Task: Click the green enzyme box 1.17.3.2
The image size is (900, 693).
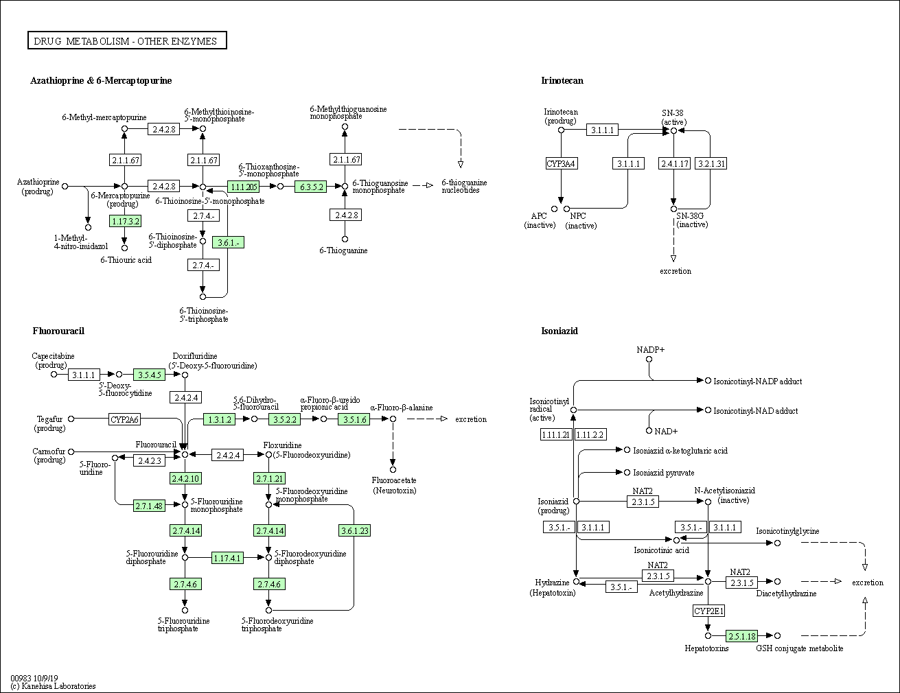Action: [125, 221]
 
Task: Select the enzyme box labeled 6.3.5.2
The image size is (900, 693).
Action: [311, 187]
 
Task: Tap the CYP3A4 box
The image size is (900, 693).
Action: [561, 163]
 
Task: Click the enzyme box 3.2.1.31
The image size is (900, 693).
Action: [711, 163]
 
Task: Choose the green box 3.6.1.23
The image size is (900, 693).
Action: [354, 530]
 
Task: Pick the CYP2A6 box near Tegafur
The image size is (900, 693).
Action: [125, 419]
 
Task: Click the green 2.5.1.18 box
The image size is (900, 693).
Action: [742, 635]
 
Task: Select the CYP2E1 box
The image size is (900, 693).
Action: [708, 611]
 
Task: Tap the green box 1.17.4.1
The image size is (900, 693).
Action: [227, 558]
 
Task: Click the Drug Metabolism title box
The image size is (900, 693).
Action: [127, 40]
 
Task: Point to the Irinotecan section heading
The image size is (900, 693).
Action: [562, 80]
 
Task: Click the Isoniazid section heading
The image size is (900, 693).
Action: [559, 331]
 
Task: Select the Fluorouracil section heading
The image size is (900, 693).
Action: [58, 331]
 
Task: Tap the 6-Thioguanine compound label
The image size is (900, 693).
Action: [343, 250]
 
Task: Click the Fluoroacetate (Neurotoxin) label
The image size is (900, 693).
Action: [394, 485]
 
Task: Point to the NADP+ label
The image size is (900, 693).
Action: [650, 350]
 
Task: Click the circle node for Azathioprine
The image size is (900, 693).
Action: [65, 187]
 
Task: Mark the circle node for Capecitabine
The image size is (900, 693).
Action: [54, 375]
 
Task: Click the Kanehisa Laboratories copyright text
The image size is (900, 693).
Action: [53, 686]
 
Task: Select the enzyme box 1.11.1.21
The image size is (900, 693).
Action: [556, 435]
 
